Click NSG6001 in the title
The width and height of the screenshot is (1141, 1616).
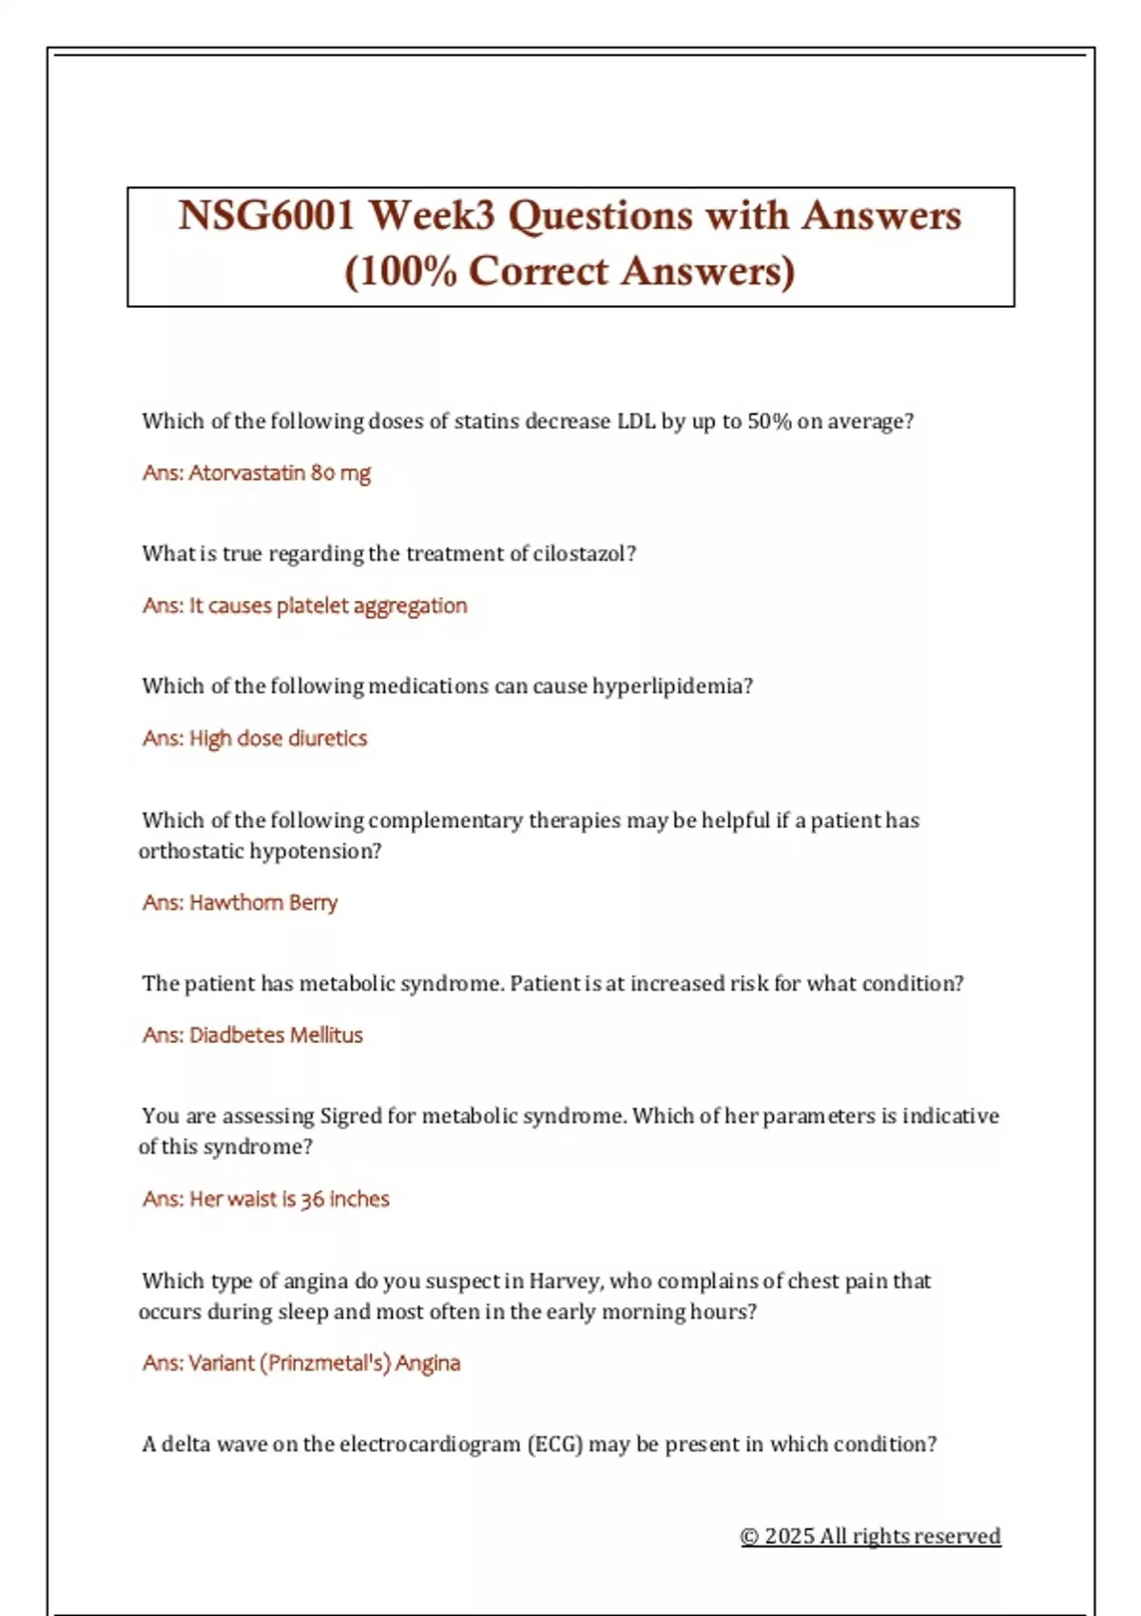point(265,216)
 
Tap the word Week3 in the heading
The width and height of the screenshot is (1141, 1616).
point(432,216)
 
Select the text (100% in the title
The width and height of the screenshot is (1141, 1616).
point(400,272)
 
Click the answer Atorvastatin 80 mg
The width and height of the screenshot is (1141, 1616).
point(280,472)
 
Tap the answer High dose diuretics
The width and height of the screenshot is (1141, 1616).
point(278,739)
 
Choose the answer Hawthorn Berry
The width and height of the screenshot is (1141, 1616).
point(263,902)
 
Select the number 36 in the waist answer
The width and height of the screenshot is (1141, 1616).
point(312,1200)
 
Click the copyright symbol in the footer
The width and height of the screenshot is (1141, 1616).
point(749,1536)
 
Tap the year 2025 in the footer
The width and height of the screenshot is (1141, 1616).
point(788,1536)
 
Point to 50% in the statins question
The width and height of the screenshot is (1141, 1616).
point(769,421)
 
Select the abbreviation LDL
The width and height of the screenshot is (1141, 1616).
point(636,421)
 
